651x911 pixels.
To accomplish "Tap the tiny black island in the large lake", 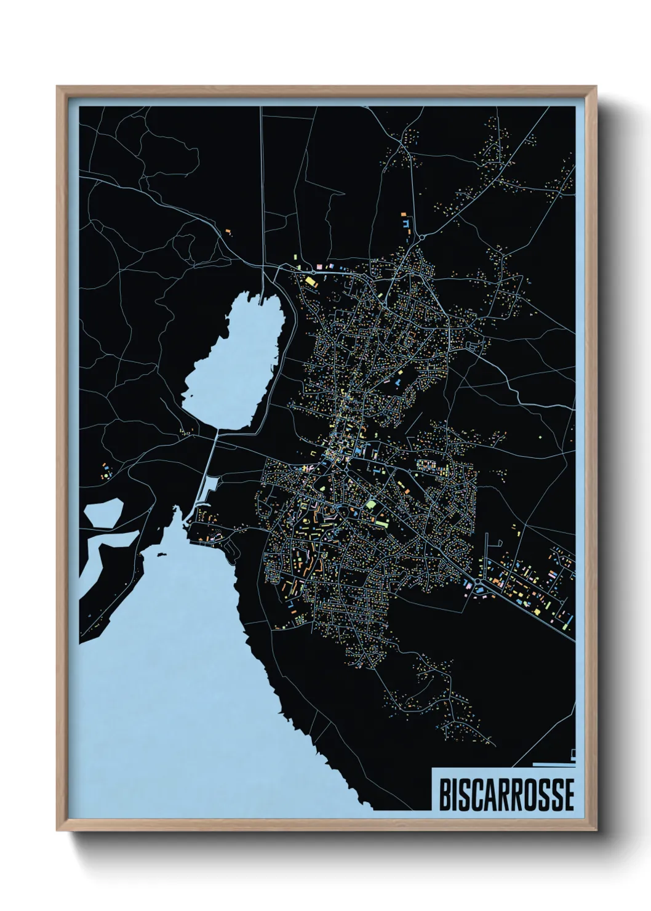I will [x=162, y=556].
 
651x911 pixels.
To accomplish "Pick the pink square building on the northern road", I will [x=319, y=267].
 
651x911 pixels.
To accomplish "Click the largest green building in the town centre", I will [x=370, y=505].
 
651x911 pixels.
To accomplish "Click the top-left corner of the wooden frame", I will [x=58, y=87].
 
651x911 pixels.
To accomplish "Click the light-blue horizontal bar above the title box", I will [x=553, y=764].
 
